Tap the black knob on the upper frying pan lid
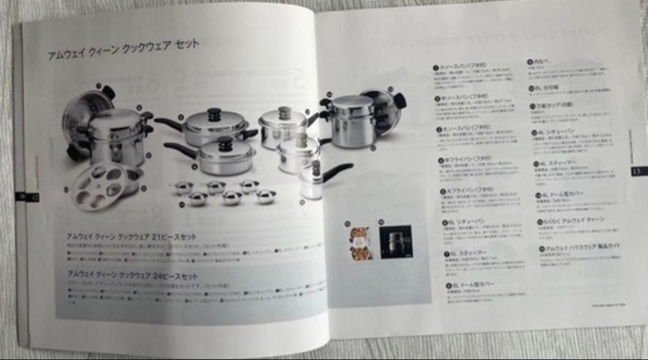point(214,113)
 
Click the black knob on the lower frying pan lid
point(225,143)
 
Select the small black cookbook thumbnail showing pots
point(395,241)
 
